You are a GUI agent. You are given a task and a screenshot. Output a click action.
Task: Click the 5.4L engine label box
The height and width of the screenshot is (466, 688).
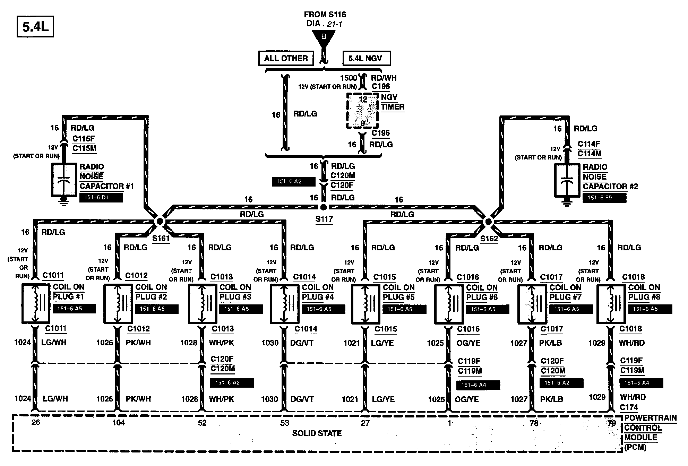point(35,27)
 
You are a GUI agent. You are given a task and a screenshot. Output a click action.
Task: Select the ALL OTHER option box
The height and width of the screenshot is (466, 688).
point(286,58)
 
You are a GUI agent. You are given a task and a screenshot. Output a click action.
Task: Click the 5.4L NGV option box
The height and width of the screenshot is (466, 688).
point(367,58)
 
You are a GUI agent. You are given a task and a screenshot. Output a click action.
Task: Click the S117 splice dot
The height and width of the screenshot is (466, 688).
point(323,207)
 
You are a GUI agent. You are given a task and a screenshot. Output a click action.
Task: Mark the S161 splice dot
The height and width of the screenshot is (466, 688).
point(160,221)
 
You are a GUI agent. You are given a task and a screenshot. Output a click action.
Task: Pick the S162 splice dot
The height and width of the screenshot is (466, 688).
point(488,222)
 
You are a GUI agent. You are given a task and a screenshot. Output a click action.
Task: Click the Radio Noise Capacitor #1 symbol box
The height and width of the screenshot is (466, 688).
point(63,180)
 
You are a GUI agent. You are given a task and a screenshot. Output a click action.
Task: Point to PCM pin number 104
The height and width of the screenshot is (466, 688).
point(119,423)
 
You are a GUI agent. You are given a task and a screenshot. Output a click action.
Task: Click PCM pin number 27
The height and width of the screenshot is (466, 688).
point(365,423)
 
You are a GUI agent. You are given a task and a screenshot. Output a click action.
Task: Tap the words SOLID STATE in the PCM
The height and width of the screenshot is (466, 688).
point(317,433)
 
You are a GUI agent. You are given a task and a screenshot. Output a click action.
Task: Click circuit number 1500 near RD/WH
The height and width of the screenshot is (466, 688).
point(349,78)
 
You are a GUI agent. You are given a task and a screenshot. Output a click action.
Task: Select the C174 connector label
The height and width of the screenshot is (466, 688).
point(629,408)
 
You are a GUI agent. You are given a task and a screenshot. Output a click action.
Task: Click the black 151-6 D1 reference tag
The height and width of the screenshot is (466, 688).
point(101,198)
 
